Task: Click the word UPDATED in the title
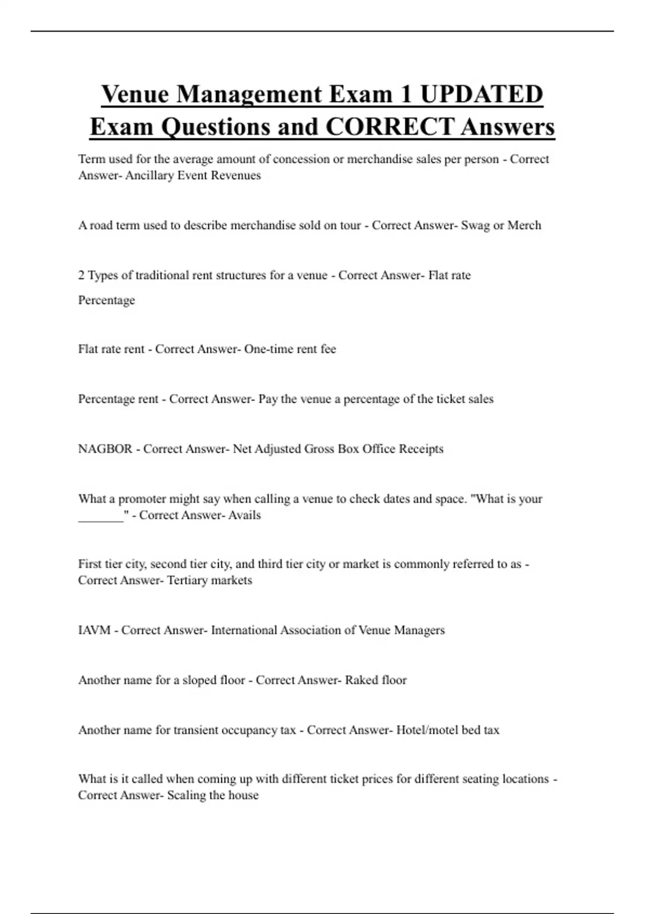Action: (482, 94)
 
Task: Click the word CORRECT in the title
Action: (390, 127)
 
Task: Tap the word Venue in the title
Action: (135, 94)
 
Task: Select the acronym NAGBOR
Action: (105, 449)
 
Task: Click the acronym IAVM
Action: (95, 630)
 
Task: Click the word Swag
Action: (475, 225)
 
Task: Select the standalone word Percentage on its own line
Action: (106, 300)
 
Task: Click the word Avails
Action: (245, 515)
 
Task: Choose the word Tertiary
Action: (188, 580)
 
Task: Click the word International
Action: (244, 630)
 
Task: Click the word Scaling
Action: (187, 795)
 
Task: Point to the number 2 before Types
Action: (81, 275)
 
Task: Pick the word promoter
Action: (142, 499)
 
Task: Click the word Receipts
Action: (421, 449)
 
